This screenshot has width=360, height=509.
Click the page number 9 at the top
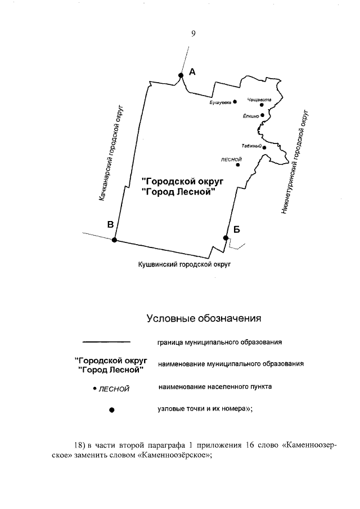tap(193, 34)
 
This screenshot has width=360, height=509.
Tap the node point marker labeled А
tap(181, 75)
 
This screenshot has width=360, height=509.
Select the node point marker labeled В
tap(114, 240)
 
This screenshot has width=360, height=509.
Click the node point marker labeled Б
tap(226, 238)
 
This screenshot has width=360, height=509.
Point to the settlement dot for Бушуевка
tap(235, 101)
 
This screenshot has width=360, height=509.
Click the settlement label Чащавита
tap(259, 100)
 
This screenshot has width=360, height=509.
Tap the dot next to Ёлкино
tap(263, 115)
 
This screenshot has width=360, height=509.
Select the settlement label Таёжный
tap(253, 146)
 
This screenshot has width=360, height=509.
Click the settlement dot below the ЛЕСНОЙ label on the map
tap(238, 165)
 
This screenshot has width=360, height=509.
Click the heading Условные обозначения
tap(204, 319)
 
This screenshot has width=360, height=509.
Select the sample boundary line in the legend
tap(106, 341)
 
